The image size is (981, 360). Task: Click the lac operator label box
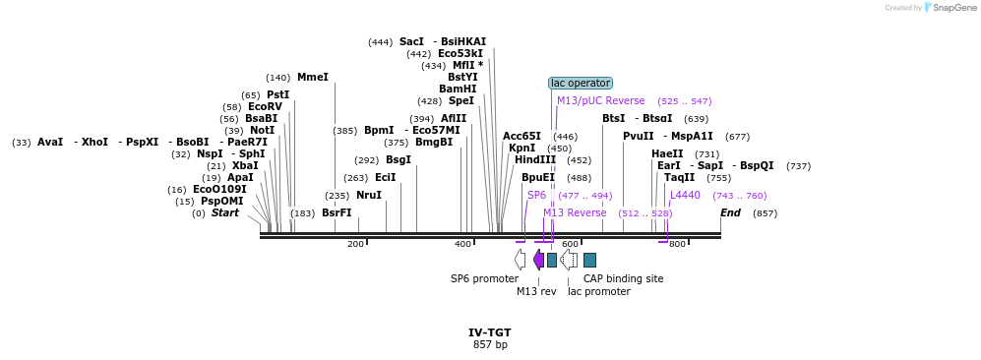581,84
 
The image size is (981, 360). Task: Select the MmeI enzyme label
313,77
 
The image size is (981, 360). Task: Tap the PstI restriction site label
277,94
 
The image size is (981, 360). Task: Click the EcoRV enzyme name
265,107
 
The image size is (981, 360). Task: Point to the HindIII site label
535,160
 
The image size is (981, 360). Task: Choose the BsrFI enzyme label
337,212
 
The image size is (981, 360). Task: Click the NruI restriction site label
369,195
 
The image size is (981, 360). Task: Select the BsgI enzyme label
399,159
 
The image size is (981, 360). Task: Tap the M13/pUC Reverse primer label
601,101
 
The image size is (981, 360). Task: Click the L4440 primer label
685,196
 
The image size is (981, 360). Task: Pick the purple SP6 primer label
536,196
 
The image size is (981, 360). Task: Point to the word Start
225,212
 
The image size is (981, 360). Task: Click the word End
730,212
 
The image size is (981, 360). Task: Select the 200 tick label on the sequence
356,244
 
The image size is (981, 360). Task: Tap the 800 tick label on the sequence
677,244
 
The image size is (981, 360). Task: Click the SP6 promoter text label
484,278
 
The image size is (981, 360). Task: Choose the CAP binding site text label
623,278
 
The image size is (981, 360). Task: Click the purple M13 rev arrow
538,260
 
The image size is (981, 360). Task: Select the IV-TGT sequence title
490,332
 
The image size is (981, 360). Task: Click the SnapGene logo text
952,8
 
